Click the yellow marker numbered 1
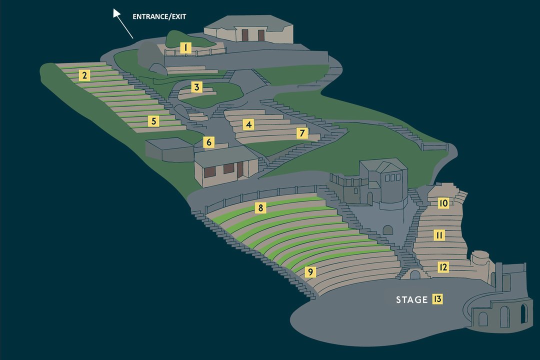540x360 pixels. click(185, 48)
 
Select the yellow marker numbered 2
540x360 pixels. click(84, 75)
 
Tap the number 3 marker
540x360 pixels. click(196, 87)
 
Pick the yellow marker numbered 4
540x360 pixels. click(248, 124)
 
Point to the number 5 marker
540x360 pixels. click(153, 121)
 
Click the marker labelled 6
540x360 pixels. click(208, 142)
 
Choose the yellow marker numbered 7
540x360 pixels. click(302, 133)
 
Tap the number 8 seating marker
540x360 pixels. click(260, 207)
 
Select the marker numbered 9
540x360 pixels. click(310, 272)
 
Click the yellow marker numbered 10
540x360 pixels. click(443, 203)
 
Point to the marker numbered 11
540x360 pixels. click(439, 235)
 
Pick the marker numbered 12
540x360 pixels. click(443, 267)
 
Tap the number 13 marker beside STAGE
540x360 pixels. click(437, 298)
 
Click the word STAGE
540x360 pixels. click(411, 299)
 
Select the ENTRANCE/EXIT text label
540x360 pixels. click(159, 16)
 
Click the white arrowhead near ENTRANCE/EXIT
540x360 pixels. click(116, 13)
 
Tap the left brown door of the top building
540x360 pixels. click(245, 35)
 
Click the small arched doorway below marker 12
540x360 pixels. click(415, 274)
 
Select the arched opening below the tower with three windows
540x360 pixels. click(388, 230)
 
